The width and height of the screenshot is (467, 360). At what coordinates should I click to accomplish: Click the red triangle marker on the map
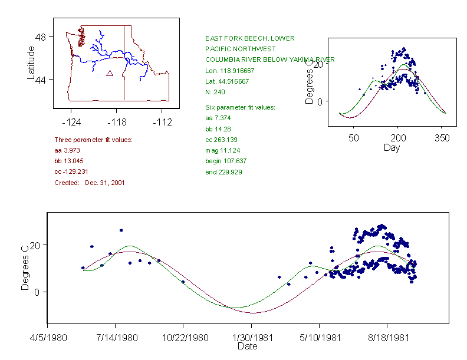109,73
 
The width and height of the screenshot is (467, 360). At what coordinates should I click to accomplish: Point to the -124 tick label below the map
71,122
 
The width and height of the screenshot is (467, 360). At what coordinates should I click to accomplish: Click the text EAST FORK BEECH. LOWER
250,38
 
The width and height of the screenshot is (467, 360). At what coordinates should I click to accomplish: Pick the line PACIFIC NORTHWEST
236,49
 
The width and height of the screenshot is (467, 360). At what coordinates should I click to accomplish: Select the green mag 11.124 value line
223,150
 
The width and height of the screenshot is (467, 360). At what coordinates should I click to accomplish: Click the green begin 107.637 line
226,161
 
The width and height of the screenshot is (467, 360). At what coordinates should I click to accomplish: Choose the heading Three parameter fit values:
93,140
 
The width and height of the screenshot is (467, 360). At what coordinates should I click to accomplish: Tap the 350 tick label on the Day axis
442,138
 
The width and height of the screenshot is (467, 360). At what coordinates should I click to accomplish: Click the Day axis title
392,147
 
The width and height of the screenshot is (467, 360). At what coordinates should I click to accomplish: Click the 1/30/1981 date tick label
251,338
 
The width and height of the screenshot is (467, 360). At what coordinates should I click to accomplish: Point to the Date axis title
247,346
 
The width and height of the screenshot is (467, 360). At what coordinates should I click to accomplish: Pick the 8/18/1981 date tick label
387,338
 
